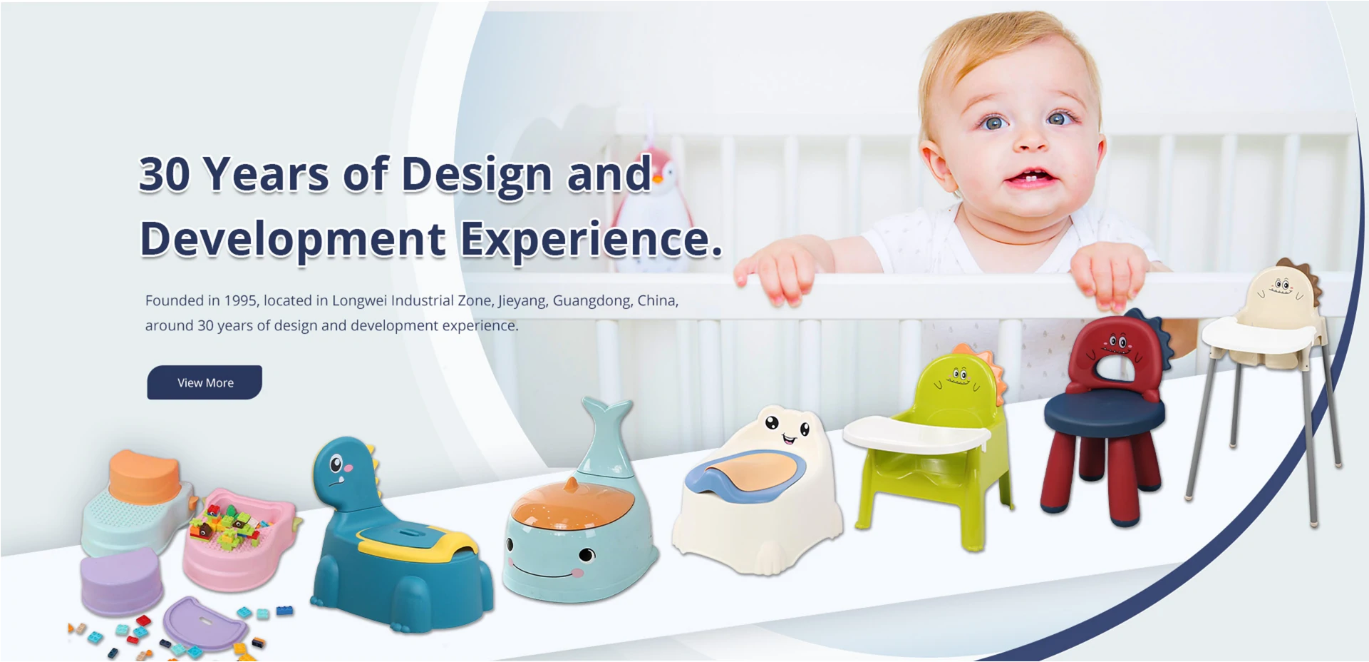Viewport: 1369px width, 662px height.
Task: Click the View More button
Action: coord(205,382)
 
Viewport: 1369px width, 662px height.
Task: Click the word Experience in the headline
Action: coord(591,239)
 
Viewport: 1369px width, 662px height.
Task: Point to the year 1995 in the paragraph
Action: coord(240,300)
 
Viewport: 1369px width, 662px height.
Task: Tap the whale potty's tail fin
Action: coord(606,416)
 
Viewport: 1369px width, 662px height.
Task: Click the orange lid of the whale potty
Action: coord(573,503)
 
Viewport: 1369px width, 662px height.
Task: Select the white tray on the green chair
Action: coord(916,434)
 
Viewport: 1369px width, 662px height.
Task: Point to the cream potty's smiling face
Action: coord(788,429)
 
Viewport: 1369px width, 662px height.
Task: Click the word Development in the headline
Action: coord(293,239)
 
